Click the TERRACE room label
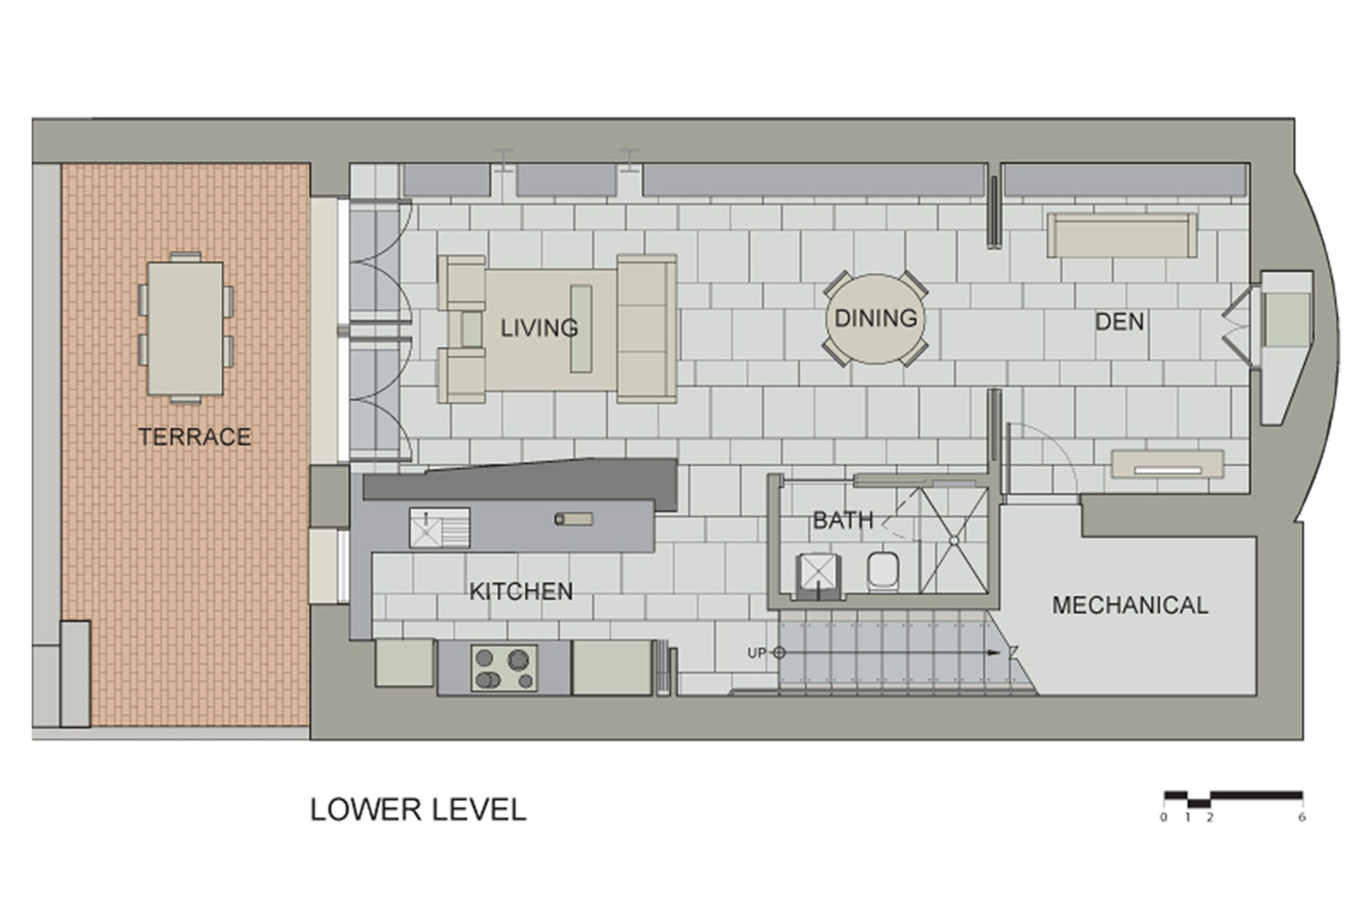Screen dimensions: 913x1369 pos(194,437)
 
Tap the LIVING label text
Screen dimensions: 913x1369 pos(538,328)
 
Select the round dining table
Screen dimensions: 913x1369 pos(876,319)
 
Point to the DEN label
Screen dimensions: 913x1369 pos(1119,322)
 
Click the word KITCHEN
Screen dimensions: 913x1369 pos(521,591)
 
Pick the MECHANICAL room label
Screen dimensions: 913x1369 pos(1130,606)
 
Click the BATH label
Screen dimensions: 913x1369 pos(843,520)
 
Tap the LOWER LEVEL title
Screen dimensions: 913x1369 pos(418,810)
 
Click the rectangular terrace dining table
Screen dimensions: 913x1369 pos(185,328)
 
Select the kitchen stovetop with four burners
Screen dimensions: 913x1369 pos(504,668)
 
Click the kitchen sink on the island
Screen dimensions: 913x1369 pos(426,528)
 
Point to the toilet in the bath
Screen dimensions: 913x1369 pos(883,571)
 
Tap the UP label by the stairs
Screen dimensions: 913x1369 pos(757,653)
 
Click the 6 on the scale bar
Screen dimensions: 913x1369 pos(1301,817)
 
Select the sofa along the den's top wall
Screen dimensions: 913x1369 pos(1122,235)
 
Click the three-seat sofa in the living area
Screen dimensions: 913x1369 pos(646,329)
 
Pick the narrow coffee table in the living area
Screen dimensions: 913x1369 pos(581,329)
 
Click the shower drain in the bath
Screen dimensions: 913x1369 pos(953,541)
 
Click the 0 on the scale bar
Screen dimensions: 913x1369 pos(1164,817)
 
